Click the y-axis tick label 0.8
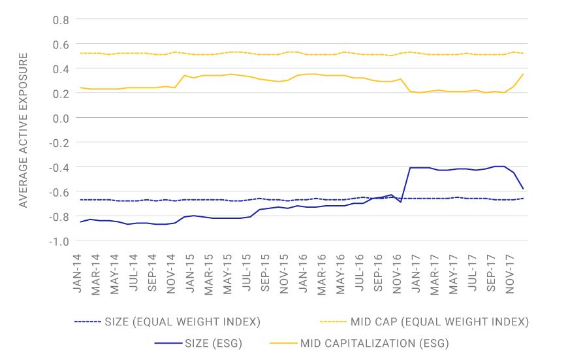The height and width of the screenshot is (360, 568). coord(60,19)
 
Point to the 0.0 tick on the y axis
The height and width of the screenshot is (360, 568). coord(60,118)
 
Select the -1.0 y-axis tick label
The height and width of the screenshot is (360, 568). coord(58,240)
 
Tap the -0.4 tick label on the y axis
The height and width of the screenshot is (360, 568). coord(58,167)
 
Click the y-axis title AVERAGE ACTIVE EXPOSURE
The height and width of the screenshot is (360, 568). coord(24,131)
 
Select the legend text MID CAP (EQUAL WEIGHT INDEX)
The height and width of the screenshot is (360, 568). coord(439,321)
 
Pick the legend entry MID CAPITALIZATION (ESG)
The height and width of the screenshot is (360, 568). coord(374,342)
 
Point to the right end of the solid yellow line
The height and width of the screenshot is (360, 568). coord(523,74)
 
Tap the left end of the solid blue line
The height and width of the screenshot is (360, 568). coord(80,222)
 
